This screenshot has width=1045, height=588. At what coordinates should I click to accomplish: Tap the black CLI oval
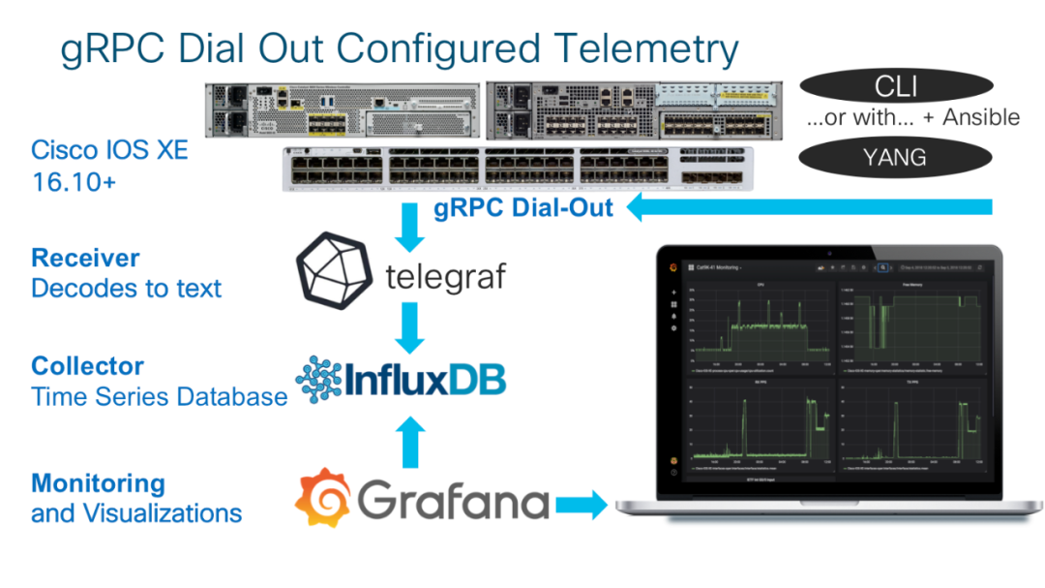[x=896, y=86]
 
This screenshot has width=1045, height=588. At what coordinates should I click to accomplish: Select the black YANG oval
[x=896, y=155]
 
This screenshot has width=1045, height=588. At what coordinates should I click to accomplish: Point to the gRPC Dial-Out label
[x=523, y=206]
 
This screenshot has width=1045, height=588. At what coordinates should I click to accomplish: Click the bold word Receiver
[x=85, y=259]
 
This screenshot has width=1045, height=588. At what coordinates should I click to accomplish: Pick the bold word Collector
[x=87, y=366]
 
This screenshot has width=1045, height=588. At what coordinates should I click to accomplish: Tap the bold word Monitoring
[x=98, y=483]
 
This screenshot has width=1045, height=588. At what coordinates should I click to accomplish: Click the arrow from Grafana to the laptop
[x=583, y=504]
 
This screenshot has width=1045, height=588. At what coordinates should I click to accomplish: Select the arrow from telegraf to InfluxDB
[x=412, y=327]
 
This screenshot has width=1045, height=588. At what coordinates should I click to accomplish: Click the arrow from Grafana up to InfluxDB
[x=412, y=443]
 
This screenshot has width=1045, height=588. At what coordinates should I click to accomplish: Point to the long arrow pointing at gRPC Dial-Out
[x=813, y=206]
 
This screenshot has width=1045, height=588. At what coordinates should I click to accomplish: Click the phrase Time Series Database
[x=159, y=396]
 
